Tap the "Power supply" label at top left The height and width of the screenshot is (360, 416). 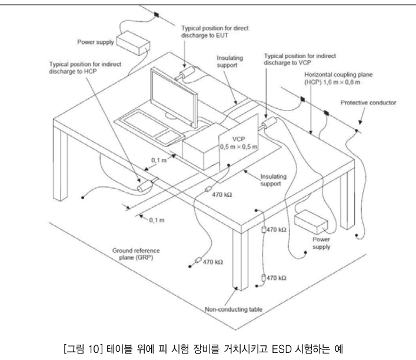(x=94, y=42)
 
